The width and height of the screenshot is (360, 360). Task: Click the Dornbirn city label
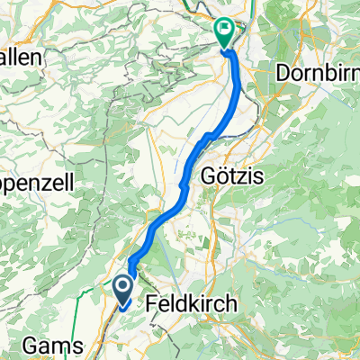pos(319,72)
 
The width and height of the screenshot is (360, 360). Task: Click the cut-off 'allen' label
pos(22,56)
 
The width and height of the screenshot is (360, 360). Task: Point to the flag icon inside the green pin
pos(225,28)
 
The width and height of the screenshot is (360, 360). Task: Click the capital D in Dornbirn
pos(286,72)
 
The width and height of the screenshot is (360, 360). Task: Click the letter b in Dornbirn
pos(329,72)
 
